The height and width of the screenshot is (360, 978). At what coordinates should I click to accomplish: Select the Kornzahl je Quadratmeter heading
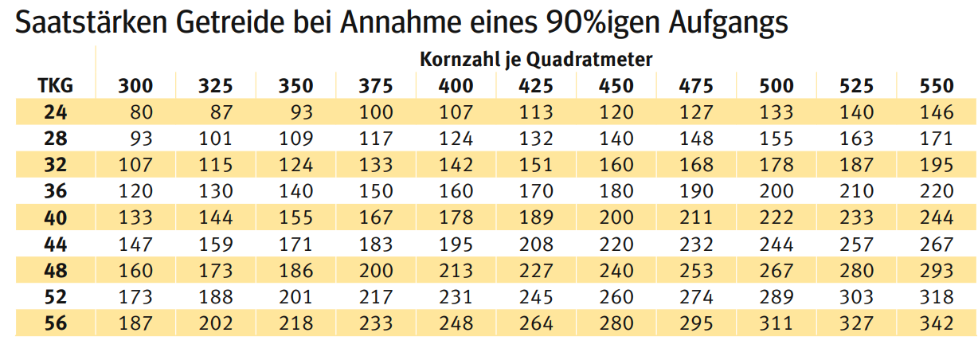click(x=536, y=59)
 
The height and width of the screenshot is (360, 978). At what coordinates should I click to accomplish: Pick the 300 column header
click(x=136, y=86)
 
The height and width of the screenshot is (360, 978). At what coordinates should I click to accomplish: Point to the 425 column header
click(x=535, y=86)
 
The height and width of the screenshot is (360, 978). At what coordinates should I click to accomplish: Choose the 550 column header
click(x=936, y=86)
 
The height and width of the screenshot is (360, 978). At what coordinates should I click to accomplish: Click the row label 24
click(x=55, y=112)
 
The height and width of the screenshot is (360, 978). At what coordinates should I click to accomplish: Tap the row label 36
click(x=55, y=191)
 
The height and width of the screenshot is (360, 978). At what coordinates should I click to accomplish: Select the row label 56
click(x=55, y=323)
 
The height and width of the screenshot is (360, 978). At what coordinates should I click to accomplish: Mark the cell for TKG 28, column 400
click(x=456, y=139)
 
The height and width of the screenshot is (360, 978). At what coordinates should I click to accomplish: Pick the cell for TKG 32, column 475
click(x=696, y=165)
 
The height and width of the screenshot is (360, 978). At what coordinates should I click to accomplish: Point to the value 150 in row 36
click(x=375, y=191)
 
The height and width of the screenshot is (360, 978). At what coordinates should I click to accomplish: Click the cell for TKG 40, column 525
click(x=856, y=217)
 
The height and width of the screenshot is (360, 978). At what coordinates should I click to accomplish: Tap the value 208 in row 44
click(x=535, y=244)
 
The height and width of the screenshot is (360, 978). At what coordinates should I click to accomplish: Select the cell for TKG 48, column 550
click(x=936, y=271)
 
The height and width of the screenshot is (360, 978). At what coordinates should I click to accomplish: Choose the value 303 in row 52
click(x=856, y=297)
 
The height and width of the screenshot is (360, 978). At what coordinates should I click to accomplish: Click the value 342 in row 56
click(x=936, y=323)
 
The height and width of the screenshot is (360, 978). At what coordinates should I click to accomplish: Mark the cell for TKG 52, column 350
click(x=295, y=297)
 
